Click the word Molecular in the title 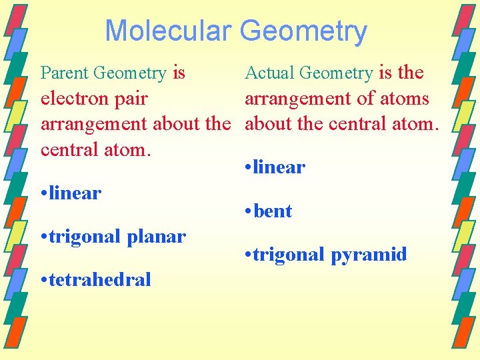[168, 31]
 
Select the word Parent [65, 73]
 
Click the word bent [273, 211]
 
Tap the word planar [157, 237]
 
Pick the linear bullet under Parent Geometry [75, 193]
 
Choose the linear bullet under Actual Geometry [279, 167]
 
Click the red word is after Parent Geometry [179, 73]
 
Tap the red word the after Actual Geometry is [410, 73]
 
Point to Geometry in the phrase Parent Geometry [130, 73]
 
